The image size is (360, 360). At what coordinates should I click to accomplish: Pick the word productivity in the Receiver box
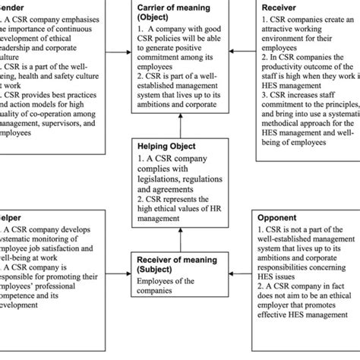(x=299, y=77)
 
